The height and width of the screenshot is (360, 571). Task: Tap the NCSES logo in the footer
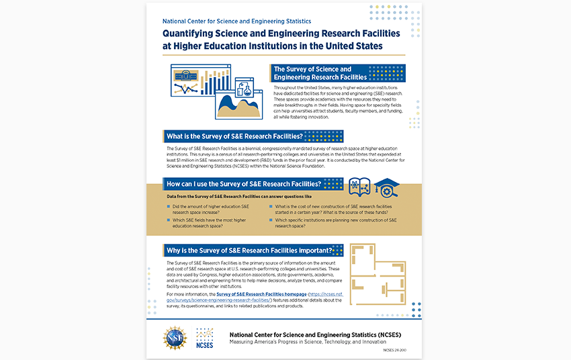tap(205, 336)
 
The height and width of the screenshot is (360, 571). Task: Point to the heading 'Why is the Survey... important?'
tap(249, 251)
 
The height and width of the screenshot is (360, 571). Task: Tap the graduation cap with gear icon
tap(386, 188)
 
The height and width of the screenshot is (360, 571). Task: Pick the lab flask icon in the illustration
tap(247, 87)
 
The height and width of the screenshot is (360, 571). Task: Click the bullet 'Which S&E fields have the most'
tap(210, 222)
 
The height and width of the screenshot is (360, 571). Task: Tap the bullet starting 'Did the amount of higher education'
tap(210, 209)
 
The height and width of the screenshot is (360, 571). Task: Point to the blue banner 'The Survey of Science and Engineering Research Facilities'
tap(337, 73)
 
